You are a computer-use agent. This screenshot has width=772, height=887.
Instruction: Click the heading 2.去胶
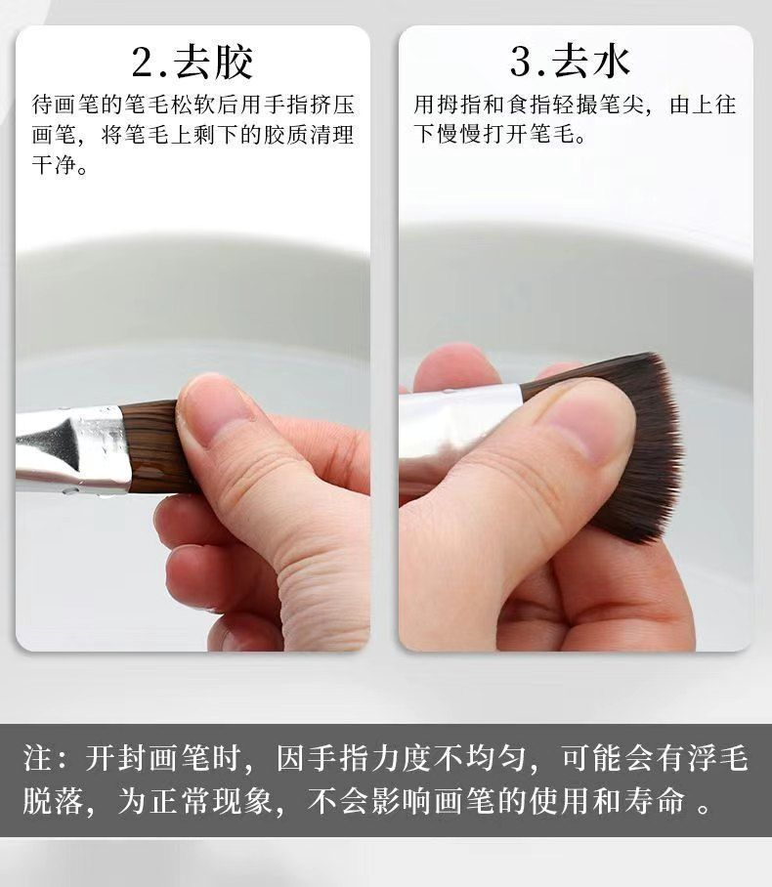coord(193,62)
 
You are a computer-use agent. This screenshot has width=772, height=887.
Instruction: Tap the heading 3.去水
coord(570,62)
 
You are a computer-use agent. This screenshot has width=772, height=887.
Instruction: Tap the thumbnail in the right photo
coord(588,425)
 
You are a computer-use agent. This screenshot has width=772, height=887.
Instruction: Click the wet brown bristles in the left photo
coord(152,445)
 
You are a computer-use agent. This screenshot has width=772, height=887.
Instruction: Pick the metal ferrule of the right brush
coord(458,430)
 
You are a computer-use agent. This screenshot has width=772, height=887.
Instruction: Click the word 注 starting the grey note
coord(38,757)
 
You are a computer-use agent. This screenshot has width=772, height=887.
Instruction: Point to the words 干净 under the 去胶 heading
coord(54,165)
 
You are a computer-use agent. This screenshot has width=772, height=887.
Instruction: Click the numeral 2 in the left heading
coord(144,63)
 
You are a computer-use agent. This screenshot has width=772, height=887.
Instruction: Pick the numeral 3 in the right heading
coord(521,63)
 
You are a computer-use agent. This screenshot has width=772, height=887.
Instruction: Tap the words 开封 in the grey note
coord(116,757)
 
